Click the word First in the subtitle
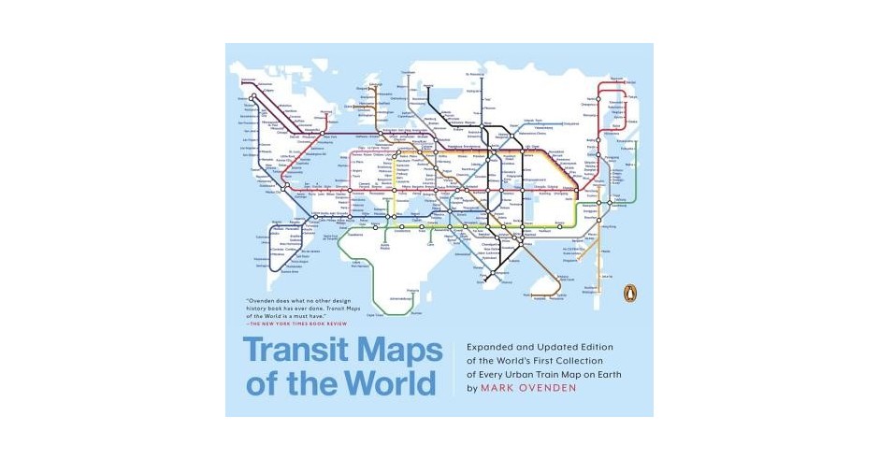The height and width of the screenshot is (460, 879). [555, 361]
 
